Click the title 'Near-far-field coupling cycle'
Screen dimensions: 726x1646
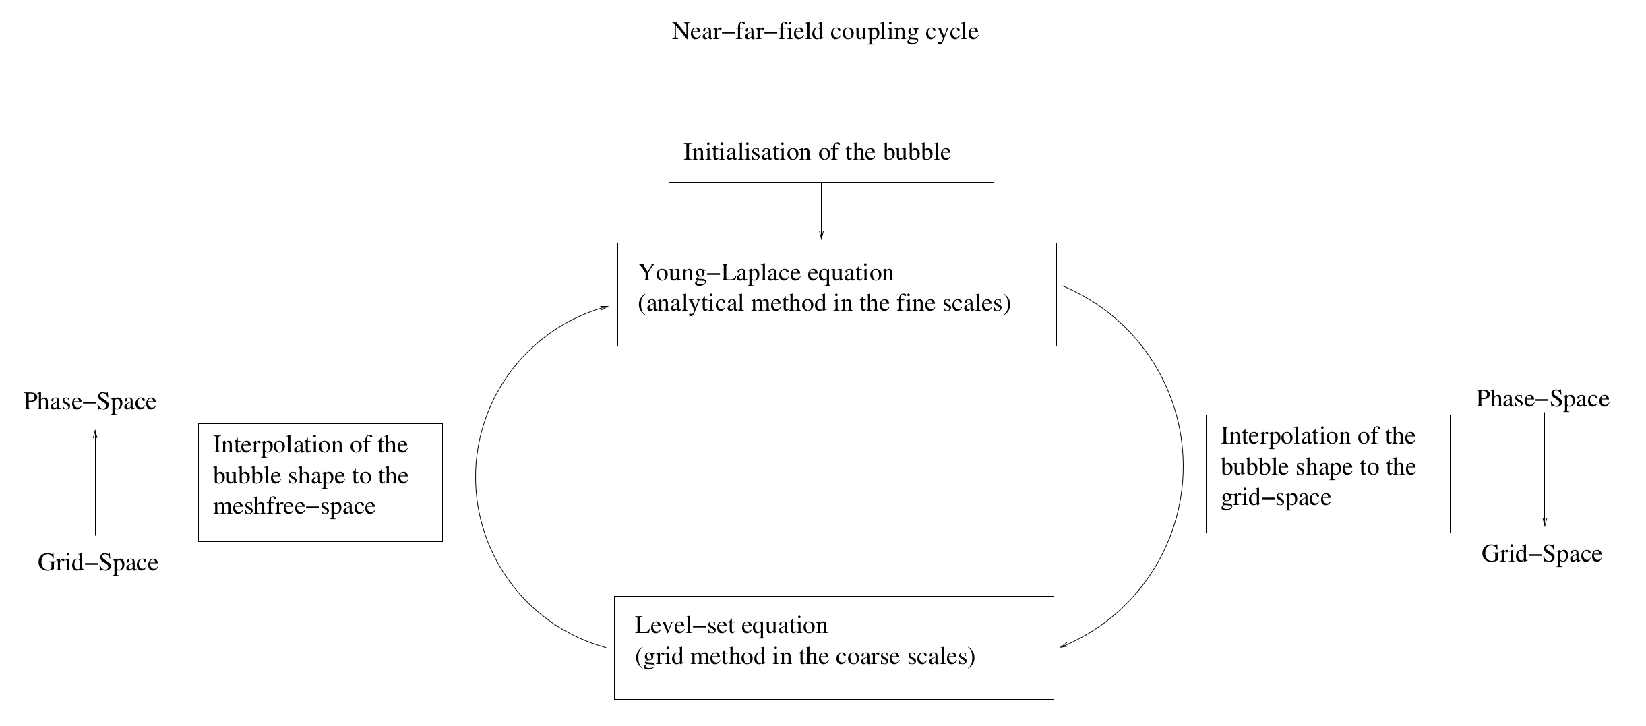click(x=825, y=32)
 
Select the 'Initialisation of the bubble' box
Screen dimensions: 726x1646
click(x=830, y=154)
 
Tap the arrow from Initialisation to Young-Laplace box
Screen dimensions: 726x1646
click(x=821, y=211)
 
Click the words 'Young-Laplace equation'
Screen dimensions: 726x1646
click(x=766, y=273)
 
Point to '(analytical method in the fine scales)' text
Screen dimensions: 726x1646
click(x=824, y=304)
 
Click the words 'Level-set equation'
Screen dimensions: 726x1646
click(x=731, y=626)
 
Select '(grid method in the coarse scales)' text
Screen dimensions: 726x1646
click(x=805, y=657)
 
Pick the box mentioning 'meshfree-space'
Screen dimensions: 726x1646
click(x=320, y=483)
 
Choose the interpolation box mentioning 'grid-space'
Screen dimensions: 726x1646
click(x=1327, y=474)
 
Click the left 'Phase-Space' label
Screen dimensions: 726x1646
click(x=90, y=402)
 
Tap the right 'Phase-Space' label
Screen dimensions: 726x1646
click(x=1542, y=399)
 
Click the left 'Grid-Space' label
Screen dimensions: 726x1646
click(x=98, y=563)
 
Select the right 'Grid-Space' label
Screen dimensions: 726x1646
click(x=1542, y=554)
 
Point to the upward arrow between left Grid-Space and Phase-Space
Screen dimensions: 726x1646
click(x=95, y=482)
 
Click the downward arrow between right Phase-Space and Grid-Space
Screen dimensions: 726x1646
click(x=1544, y=470)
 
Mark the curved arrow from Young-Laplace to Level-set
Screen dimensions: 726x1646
click(x=1182, y=465)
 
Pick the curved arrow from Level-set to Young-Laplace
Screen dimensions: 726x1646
click(x=476, y=477)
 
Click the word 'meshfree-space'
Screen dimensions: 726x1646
click(x=294, y=506)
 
